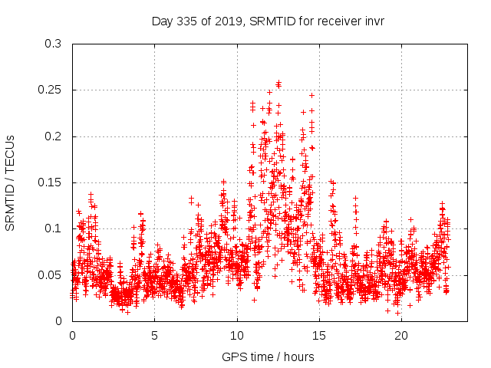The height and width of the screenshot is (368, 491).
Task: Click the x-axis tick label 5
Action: click(155, 336)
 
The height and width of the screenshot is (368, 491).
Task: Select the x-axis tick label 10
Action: click(237, 336)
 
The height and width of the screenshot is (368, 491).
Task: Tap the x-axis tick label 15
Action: click(319, 336)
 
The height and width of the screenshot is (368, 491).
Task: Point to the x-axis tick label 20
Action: click(401, 336)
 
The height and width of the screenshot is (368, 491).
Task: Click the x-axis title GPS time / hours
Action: click(268, 356)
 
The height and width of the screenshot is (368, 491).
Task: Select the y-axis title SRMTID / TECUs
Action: click(11, 182)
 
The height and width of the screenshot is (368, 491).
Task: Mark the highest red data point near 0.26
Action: click(278, 84)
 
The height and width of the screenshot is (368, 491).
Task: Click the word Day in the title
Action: click(163, 21)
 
